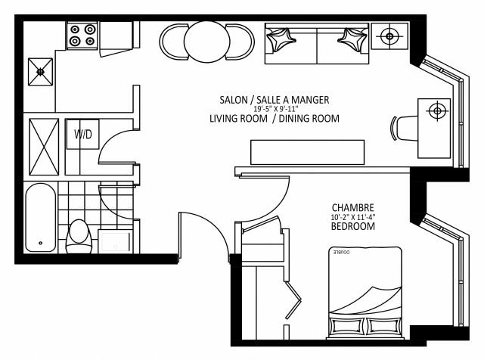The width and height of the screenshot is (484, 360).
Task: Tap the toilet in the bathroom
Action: tap(79, 235)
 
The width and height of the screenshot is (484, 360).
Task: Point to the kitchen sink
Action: tap(41, 72)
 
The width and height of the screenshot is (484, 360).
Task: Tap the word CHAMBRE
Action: tap(353, 207)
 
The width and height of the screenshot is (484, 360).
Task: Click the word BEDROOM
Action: tap(353, 226)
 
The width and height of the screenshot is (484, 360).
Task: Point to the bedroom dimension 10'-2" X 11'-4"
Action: tap(353, 217)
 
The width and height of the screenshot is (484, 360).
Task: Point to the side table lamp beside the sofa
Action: tap(390, 35)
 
